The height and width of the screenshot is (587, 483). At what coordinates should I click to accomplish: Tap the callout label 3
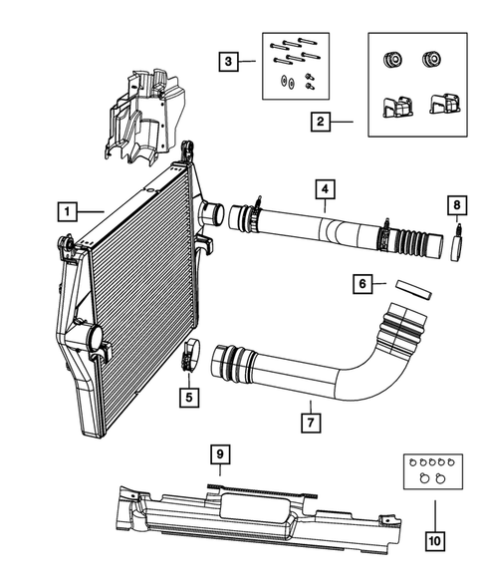tap(230, 63)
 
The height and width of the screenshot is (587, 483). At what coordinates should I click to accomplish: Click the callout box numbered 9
tap(223, 455)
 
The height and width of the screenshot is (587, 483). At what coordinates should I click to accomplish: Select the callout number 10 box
tap(434, 542)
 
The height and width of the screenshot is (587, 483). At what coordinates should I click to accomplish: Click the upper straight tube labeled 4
tap(319, 230)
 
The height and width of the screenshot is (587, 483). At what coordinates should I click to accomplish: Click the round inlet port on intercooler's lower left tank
tap(97, 339)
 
